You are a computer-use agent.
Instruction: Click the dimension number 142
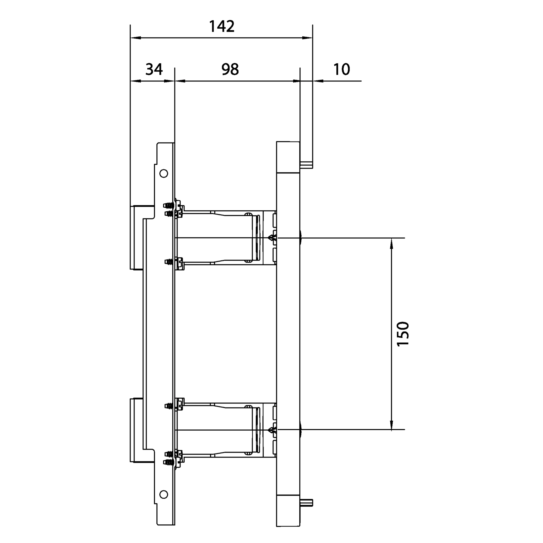222,26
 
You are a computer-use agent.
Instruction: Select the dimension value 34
154,69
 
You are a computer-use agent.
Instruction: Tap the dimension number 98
230,69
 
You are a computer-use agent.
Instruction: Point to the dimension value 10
341,69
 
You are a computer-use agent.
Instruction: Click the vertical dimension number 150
403,334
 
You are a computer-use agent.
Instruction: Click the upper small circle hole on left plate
164,173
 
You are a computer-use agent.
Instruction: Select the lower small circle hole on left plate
164,502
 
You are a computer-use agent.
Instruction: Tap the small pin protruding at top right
306,165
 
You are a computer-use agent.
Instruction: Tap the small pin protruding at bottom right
306,510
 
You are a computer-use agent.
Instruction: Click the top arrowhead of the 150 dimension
391,243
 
